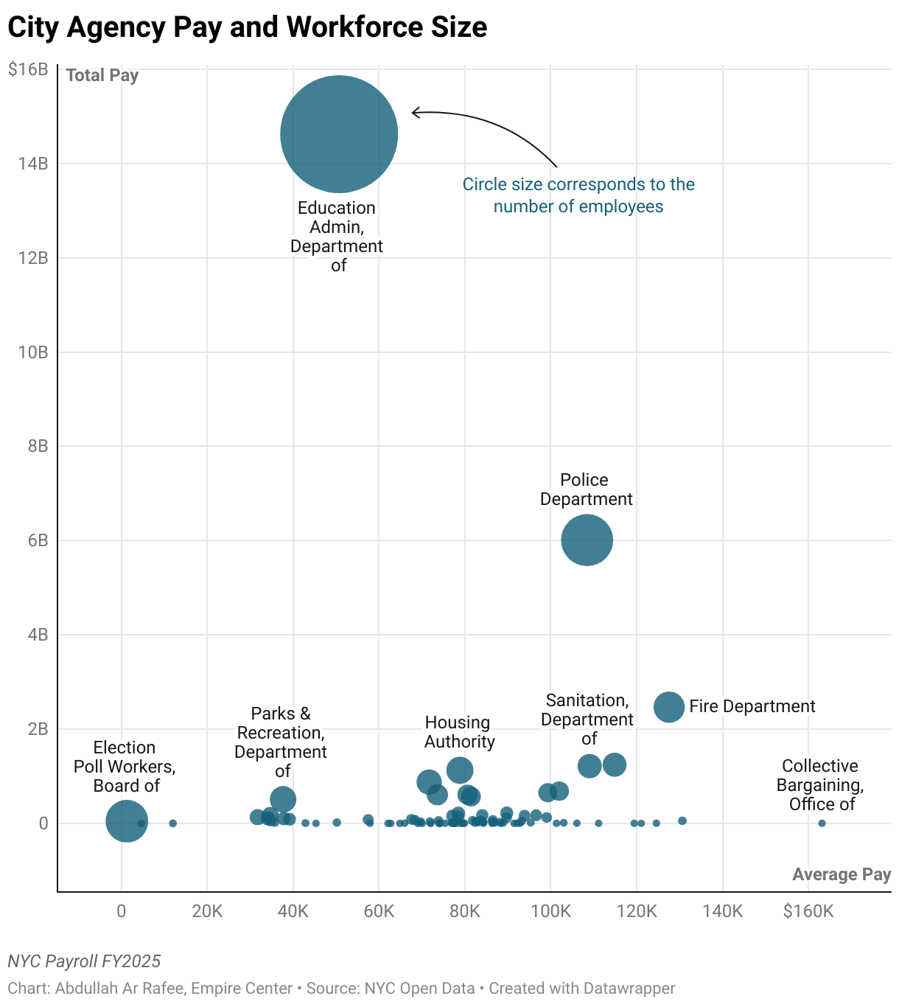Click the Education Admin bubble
[339, 134]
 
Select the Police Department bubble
[587, 540]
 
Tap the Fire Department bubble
[669, 707]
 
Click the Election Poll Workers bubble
[127, 820]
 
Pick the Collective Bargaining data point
[822, 823]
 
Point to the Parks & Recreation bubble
[283, 799]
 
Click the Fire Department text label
[752, 706]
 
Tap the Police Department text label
[586, 489]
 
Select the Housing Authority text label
[459, 732]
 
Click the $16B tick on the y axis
[28, 69]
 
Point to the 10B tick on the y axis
[32, 352]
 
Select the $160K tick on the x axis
[808, 912]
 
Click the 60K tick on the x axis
[379, 912]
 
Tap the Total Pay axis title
[102, 75]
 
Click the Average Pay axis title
[842, 874]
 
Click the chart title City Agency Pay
[247, 27]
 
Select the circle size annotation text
[578, 195]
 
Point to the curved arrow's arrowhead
[414, 113]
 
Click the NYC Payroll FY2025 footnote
[84, 961]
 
